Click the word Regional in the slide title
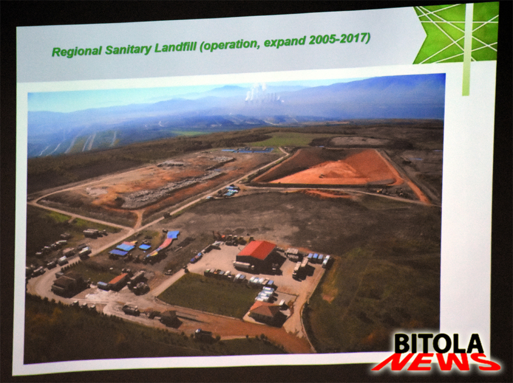[76, 51]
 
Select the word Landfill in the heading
[175, 47]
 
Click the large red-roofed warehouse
[256, 255]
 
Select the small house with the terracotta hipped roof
[265, 312]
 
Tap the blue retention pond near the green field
[248, 150]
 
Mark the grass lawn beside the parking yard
[209, 294]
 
